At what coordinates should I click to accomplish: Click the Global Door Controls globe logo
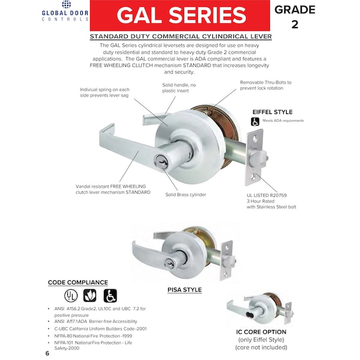pos(67,4)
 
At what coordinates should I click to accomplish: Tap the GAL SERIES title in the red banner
pos(181,15)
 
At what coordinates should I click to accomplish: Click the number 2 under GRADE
pos(295,25)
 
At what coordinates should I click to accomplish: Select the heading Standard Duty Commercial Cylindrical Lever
pos(181,37)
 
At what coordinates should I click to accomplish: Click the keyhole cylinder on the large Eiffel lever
pos(161,161)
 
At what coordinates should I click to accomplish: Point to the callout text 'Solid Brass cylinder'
pos(186,194)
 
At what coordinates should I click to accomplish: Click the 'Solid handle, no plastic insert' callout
pos(179,88)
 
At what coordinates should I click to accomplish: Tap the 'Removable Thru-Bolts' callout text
pos(266,85)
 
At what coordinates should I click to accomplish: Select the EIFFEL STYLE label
pos(272,112)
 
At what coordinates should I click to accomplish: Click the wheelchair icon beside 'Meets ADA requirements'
pos(255,121)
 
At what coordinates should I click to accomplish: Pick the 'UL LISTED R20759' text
pos(267,196)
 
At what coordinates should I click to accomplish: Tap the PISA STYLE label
pos(185,290)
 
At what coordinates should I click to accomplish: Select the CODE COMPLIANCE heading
pos(78,283)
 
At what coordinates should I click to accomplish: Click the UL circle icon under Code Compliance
pos(71,295)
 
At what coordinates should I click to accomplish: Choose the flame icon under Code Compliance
pos(90,295)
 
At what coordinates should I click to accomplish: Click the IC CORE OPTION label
pos(261,332)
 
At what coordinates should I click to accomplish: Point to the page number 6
pos(47,353)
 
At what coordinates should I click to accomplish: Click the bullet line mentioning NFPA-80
pos(93,336)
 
